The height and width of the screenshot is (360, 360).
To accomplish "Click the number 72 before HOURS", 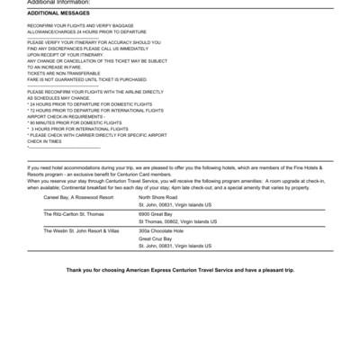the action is pyautogui.click(x=33, y=109).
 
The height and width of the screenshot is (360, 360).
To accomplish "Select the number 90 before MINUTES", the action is pyautogui.click(x=33, y=121).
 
